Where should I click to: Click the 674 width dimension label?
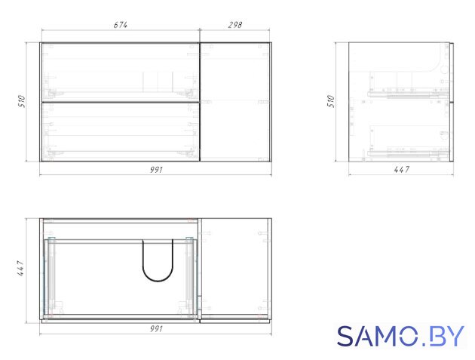point(121,25)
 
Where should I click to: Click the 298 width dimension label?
point(234,25)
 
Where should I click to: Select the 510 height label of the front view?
point(22,101)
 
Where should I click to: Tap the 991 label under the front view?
point(156,170)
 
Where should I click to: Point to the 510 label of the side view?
point(331,101)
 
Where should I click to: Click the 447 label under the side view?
point(401,170)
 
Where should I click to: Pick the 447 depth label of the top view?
point(20,268)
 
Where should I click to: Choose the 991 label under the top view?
point(156,328)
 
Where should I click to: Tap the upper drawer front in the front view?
point(121,72)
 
